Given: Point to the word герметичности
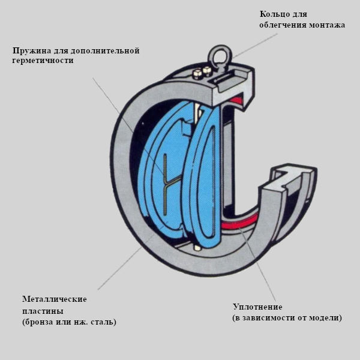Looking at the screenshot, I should point(43,61).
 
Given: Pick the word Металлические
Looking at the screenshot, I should point(55,299).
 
